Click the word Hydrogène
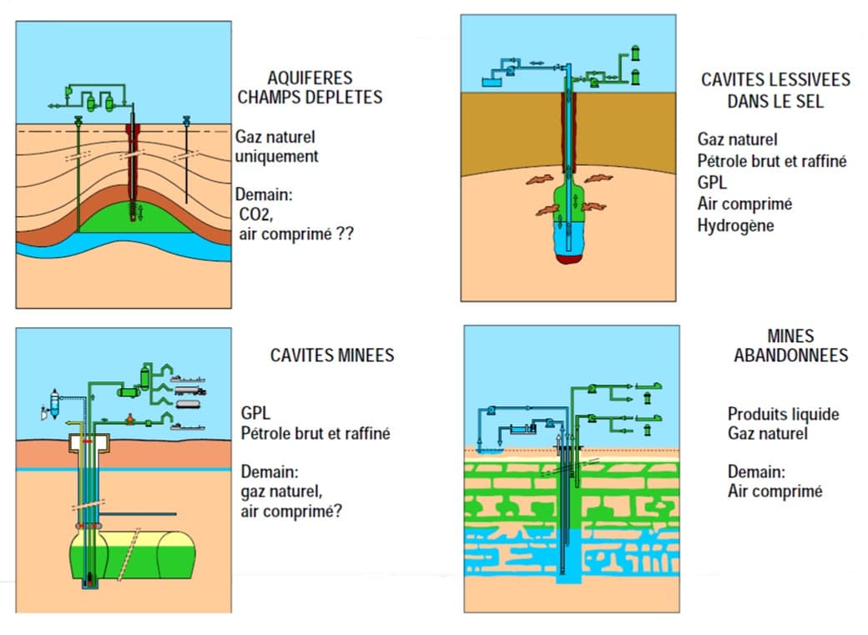coord(736,225)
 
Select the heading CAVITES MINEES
coord(331,355)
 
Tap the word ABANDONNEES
coord(790,355)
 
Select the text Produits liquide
coord(783,414)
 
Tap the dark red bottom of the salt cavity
coord(570,259)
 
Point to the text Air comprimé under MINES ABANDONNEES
coord(775,491)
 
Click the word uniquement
coord(276,156)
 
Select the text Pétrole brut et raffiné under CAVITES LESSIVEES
coord(772,161)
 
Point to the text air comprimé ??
coord(295,234)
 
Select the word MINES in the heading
coord(790,335)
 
